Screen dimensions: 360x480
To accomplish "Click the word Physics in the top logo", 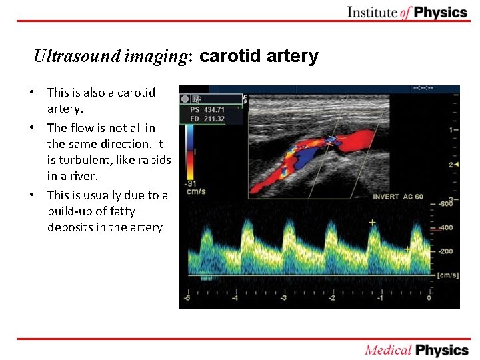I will coord(441,12).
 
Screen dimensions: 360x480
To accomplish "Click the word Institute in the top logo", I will coord(373,12).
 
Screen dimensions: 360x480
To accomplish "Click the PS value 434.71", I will coord(214,108).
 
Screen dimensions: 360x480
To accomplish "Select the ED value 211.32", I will coord(214,119).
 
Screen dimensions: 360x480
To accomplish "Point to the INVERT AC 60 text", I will coord(398,197).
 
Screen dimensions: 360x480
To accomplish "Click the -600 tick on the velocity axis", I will coord(444,205).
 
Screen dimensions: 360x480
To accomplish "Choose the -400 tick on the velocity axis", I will coord(444,228).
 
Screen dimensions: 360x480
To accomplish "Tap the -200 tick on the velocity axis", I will coord(444,251).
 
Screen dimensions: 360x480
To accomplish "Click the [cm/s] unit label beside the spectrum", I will coord(447,275).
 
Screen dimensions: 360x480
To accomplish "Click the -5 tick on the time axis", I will coord(187,298).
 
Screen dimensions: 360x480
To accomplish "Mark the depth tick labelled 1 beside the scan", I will coord(451,129).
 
